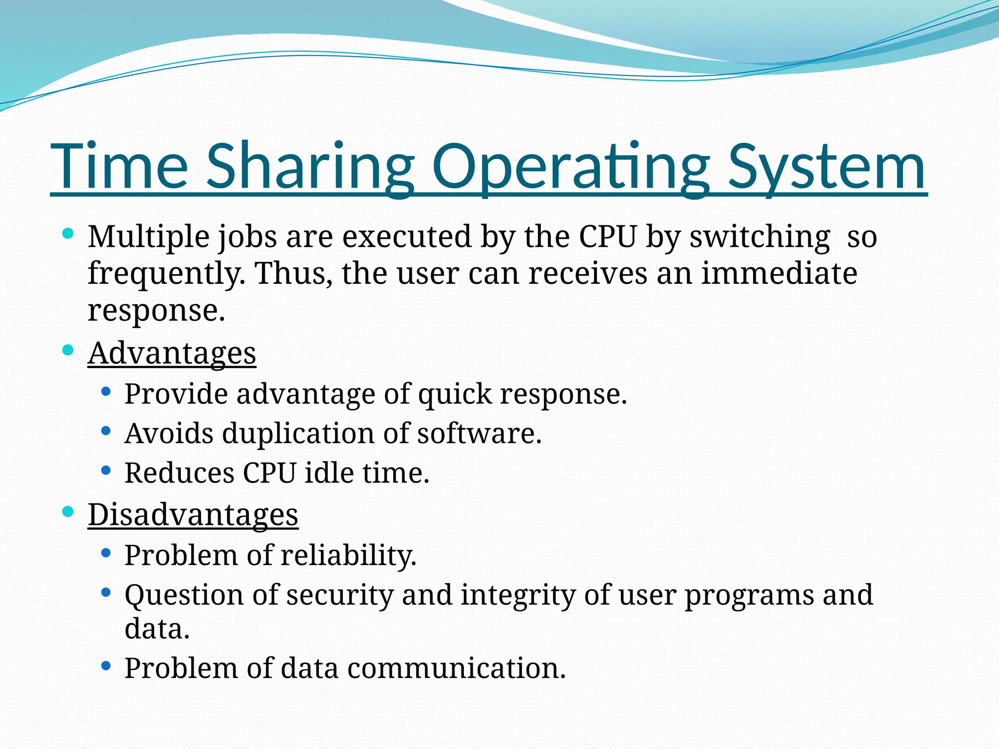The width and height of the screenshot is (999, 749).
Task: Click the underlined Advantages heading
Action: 172,353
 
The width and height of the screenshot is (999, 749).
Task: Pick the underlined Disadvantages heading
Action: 193,515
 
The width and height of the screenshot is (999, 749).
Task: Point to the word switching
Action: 759,237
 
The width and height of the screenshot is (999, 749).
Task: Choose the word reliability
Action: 349,555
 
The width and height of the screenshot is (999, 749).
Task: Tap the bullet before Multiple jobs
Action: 68,234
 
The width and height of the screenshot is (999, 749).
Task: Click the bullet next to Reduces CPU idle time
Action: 106,471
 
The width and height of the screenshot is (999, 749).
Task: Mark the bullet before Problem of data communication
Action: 106,666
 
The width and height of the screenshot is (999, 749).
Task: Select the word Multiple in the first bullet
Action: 148,237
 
